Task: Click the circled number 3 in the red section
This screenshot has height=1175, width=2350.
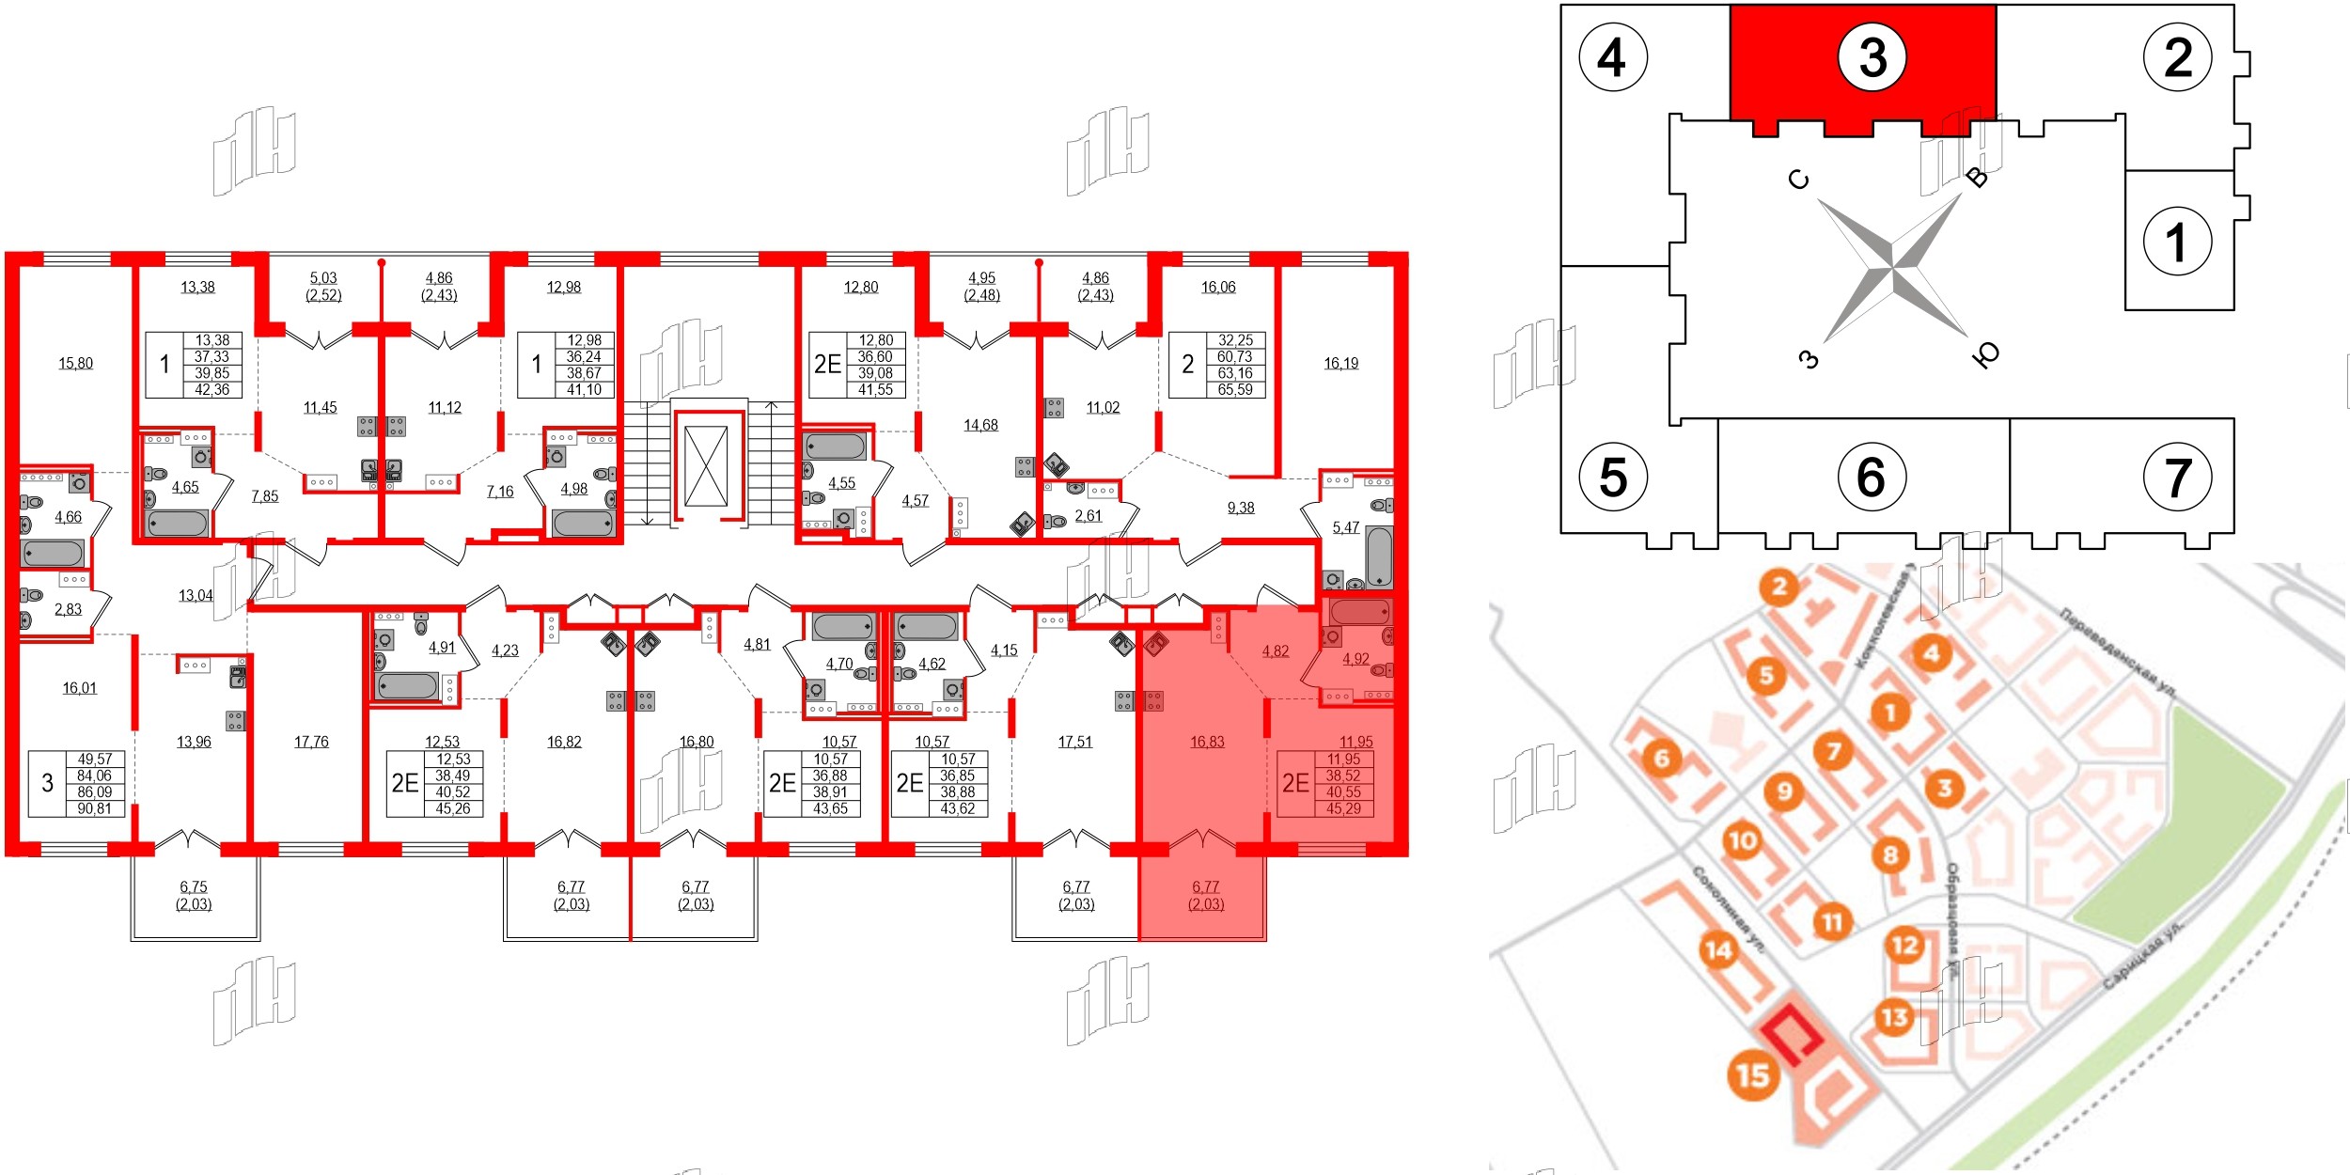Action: point(1872,57)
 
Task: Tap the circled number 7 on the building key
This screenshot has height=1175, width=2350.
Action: point(2177,478)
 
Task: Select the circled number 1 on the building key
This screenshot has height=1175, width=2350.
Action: point(2177,242)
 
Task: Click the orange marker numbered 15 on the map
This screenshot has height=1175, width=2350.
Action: point(1753,1074)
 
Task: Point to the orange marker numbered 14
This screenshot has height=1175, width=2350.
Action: point(1718,950)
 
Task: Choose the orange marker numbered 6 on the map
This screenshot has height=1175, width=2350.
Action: point(1662,758)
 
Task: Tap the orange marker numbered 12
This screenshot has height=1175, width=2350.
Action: point(1905,945)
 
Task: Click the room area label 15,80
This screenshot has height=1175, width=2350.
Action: point(76,364)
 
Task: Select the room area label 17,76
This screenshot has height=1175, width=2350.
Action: point(311,742)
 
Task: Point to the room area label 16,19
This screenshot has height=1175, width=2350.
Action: point(1341,364)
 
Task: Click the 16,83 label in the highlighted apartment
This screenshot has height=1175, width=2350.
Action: point(1207,742)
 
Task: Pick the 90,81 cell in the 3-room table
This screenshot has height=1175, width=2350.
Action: point(95,808)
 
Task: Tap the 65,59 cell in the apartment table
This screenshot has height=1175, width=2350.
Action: point(1235,390)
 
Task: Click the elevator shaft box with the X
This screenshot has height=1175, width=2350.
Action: point(706,466)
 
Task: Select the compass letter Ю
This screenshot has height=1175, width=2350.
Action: point(1985,354)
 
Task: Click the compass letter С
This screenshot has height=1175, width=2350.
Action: point(1798,179)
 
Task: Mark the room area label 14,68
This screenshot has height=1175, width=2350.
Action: point(980,426)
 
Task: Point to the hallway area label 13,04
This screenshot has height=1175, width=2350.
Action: point(196,596)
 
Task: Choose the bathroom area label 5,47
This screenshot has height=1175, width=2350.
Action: point(1346,527)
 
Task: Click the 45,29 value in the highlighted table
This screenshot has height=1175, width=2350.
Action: point(1343,808)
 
